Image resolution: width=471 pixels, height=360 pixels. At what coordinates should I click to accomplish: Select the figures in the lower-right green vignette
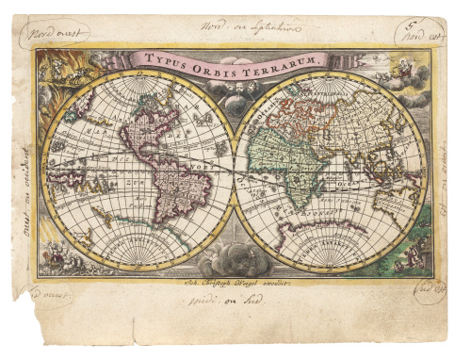414,250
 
